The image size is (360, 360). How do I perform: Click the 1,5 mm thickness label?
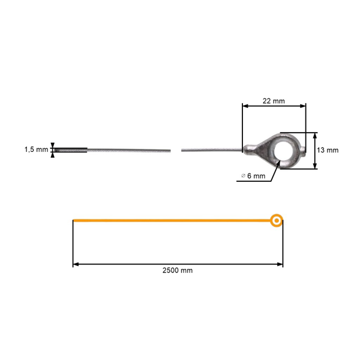pos(35,150)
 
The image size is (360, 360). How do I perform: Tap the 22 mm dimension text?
pos(274,101)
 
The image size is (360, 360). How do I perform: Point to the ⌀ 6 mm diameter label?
pos(253,176)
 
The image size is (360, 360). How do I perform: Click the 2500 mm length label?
pos(178,271)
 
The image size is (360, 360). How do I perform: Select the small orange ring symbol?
pos(276,221)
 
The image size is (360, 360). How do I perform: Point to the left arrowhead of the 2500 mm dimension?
pos(76,263)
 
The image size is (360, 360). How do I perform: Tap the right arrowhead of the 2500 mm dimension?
pos(280,263)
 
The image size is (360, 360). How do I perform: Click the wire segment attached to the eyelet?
pos(210,149)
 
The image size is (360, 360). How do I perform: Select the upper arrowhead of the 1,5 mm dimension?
pos(53,145)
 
